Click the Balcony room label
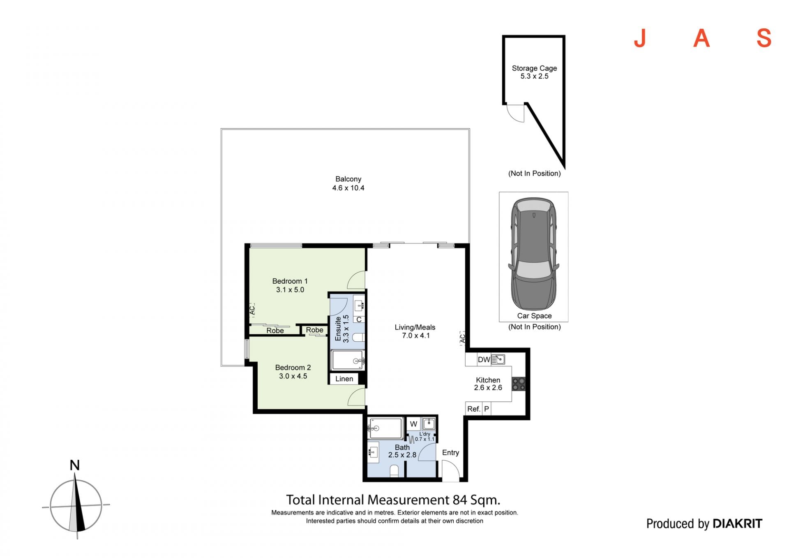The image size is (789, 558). coord(348,179)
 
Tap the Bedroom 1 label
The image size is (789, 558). coord(290,281)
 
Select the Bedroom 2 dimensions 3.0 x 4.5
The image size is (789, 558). coord(293,376)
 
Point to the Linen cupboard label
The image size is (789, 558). coord(344,379)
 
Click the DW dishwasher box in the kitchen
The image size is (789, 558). coord(484,360)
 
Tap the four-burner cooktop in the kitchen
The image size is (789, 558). coord(519,384)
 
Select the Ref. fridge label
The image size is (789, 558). coord(473,409)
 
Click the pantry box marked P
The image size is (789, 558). coord(487,409)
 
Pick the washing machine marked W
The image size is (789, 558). coord(413,424)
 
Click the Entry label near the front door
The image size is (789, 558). coord(450,453)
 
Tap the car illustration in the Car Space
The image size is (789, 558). coord(533,254)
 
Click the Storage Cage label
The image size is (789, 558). coord(534,68)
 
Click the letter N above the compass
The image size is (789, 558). coord(74,465)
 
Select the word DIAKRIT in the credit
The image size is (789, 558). coord(737,523)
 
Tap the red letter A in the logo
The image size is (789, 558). coord(702,38)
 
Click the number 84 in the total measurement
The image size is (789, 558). coord(460,500)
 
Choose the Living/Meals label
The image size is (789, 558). coord(415,327)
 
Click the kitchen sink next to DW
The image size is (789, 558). coord(498,359)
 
